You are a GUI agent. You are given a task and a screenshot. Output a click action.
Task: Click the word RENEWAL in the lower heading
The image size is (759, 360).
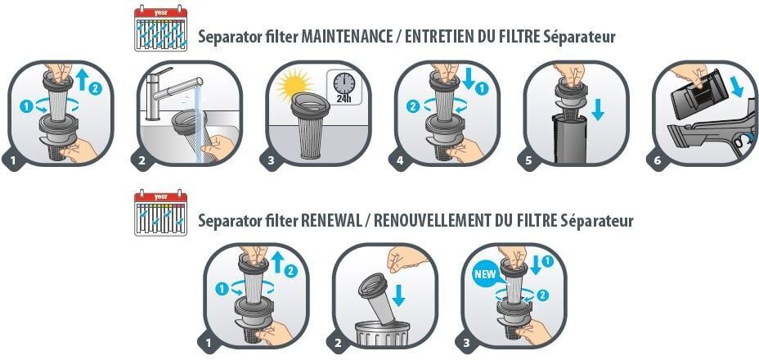[x=331, y=221]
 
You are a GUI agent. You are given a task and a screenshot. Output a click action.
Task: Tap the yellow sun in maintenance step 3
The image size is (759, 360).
[x=294, y=87]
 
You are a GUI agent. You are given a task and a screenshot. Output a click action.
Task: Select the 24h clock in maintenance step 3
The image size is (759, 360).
[x=344, y=87]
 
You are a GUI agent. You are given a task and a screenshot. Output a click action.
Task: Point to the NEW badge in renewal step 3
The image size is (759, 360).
[x=485, y=274]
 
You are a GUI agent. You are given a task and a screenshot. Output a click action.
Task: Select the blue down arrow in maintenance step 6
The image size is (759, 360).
[x=738, y=85]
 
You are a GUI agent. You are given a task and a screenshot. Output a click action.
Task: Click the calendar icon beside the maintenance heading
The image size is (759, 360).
[x=160, y=28]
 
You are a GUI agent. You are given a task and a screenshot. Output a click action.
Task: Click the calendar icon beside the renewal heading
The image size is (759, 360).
[x=160, y=213]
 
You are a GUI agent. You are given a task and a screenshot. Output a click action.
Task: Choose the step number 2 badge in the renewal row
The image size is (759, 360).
[x=338, y=344]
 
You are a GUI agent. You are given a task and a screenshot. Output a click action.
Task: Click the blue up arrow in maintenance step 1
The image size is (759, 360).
[x=83, y=79]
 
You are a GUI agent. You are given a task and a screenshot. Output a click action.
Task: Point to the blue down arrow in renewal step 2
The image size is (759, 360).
[x=398, y=295]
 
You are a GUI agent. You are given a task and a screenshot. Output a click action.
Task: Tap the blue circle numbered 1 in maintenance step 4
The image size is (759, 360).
[x=482, y=89]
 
